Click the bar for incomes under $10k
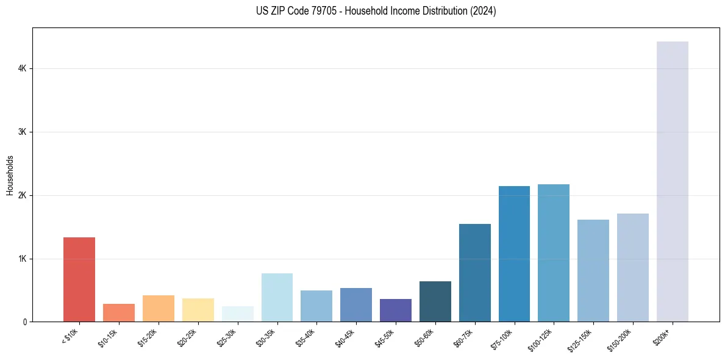tap(79, 279)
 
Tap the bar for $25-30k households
tap(237, 314)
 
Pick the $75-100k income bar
tap(514, 254)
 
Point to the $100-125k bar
tap(554, 253)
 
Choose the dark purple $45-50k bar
tap(395, 311)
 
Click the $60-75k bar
tap(474, 273)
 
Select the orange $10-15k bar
tap(119, 313)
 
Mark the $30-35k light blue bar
tap(277, 298)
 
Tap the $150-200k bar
tap(632, 268)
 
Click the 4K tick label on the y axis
tap(22, 69)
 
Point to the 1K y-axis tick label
tap(22, 259)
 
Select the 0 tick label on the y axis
tap(24, 322)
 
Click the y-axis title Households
tap(10, 175)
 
